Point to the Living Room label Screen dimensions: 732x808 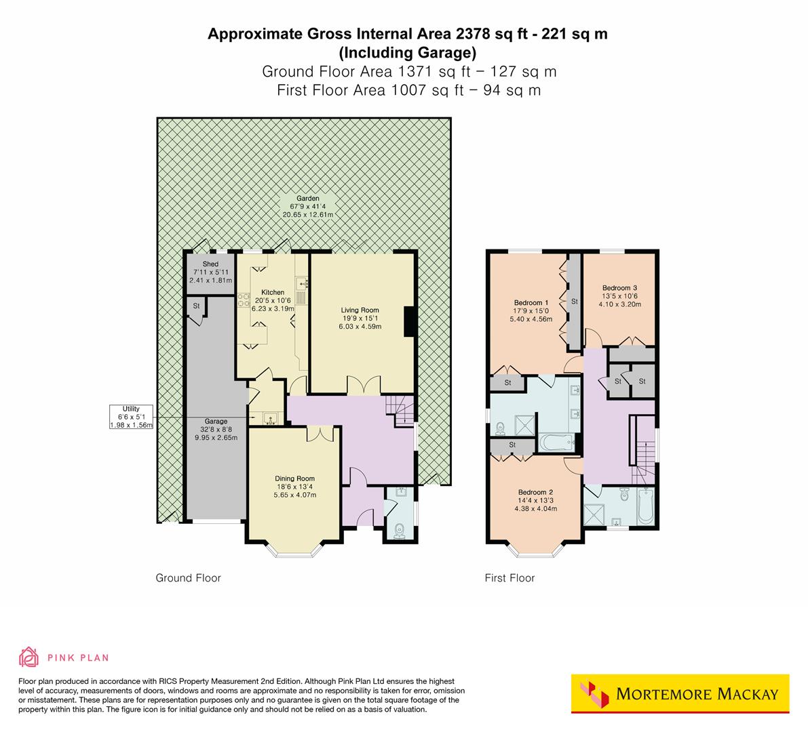click(x=360, y=310)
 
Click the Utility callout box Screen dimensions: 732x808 click(x=131, y=417)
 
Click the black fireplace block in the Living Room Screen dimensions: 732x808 click(x=409, y=321)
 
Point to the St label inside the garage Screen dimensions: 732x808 click(x=196, y=306)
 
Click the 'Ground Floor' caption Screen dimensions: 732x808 click(x=188, y=578)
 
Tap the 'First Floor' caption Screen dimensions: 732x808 click(x=509, y=578)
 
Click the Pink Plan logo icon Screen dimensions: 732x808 click(x=29, y=657)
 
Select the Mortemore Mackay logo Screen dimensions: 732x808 click(x=680, y=694)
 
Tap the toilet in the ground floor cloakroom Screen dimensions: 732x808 click(x=399, y=528)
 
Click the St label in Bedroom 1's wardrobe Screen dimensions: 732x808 click(x=574, y=301)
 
